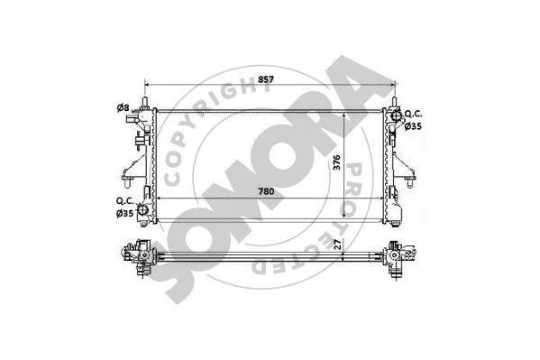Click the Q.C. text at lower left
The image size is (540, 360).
pyautogui.click(x=124, y=200)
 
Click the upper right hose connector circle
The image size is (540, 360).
pyautogui.click(x=394, y=115)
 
